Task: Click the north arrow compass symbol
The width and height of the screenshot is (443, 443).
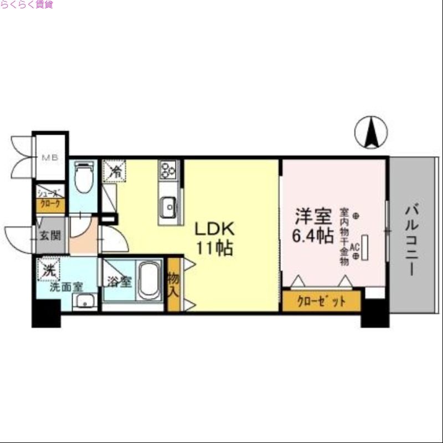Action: click(x=371, y=133)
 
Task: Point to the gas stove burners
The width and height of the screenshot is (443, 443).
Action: click(x=168, y=169)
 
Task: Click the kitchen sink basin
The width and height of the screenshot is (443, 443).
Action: click(x=168, y=208)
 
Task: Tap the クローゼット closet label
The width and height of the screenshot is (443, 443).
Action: click(x=321, y=302)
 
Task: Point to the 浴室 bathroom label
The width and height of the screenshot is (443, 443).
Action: click(x=119, y=281)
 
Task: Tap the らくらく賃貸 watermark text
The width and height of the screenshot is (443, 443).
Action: click(x=27, y=5)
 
